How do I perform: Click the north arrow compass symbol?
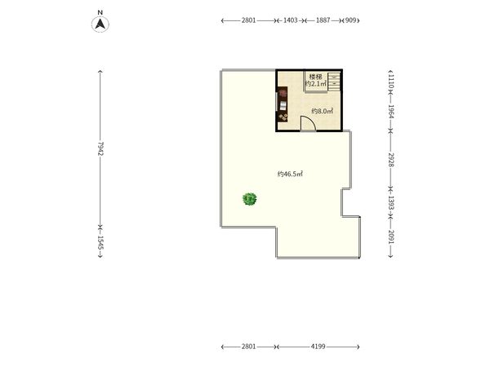point(100,24)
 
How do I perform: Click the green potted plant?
point(250,199)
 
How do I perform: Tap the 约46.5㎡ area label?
point(290,174)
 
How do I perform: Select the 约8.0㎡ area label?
point(322,111)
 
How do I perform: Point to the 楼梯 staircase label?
point(315,77)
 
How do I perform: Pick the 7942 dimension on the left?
point(100,148)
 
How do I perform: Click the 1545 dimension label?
point(100,242)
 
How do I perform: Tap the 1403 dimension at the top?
point(290,20)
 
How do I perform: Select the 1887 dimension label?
point(323,20)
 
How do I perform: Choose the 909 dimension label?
point(351,20)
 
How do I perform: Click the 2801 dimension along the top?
point(248,20)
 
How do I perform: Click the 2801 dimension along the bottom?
point(248,347)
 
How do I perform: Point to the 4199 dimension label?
point(318,347)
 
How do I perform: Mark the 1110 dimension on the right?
point(391,82)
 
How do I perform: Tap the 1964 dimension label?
point(391,111)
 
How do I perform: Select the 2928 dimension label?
point(391,160)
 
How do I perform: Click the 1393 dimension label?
point(391,202)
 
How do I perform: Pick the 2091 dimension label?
point(391,237)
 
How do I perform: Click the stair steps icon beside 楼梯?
point(334,81)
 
